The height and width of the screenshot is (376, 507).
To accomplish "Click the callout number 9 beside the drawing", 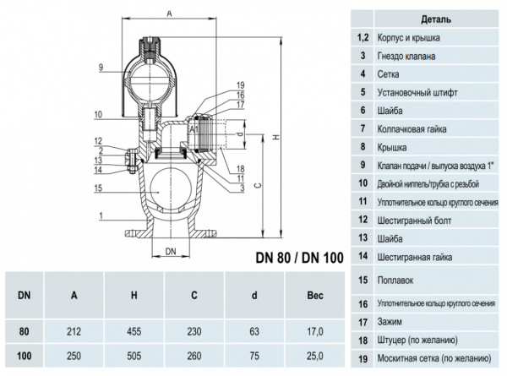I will tap(100, 67).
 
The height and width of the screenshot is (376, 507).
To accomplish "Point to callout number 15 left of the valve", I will tap(99, 188).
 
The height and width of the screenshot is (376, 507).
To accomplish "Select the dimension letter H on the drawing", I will tap(276, 138).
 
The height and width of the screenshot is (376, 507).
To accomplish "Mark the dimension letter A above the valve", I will tap(170, 14).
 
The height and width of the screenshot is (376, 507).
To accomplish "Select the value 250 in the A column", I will tap(74, 356).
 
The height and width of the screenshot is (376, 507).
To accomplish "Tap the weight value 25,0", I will tap(313, 356).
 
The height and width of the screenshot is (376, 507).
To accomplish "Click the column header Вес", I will tap(313, 295).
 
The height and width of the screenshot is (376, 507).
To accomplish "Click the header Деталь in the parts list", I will tap(434, 19).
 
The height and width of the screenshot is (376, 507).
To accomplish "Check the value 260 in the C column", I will tap(194, 356).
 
